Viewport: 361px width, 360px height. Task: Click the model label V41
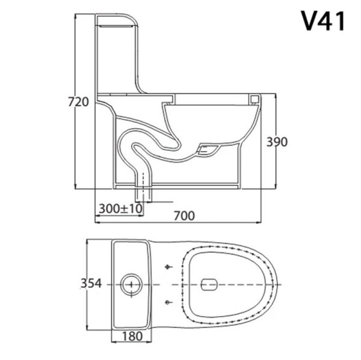(x=324, y=22)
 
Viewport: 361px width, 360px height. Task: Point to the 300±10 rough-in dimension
(x=120, y=208)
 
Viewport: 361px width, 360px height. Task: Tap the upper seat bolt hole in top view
(x=168, y=266)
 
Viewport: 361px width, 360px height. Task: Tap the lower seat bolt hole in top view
(x=168, y=301)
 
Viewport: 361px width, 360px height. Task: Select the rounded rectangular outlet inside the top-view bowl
(x=210, y=284)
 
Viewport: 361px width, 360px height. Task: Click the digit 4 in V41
(x=329, y=22)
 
